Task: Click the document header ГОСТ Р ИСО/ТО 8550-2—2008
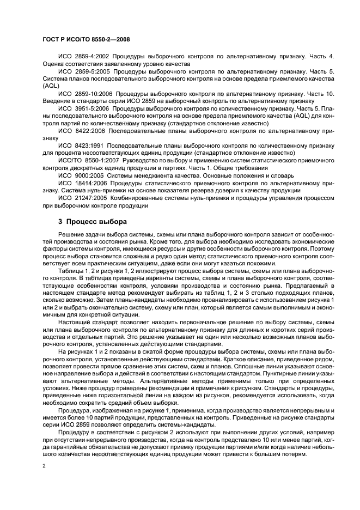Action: click(85, 40)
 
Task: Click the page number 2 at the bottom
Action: click(44, 466)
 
